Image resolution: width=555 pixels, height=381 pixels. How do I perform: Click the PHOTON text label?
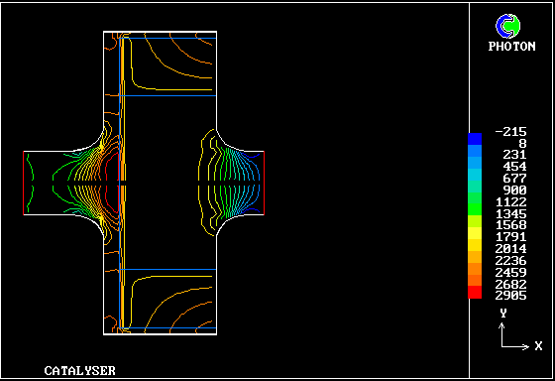(x=511, y=47)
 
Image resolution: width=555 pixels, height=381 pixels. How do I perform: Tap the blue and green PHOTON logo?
(x=507, y=26)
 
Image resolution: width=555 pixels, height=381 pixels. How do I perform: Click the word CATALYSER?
(x=79, y=371)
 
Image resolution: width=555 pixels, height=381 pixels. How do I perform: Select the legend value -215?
(x=510, y=132)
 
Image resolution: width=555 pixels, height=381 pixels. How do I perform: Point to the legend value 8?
(x=523, y=144)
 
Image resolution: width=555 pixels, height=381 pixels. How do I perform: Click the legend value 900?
(x=514, y=190)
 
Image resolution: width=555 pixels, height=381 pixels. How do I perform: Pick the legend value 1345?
(x=510, y=213)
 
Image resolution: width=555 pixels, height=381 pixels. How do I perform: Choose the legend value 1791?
(x=510, y=236)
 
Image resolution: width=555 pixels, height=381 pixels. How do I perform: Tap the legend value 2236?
(x=510, y=261)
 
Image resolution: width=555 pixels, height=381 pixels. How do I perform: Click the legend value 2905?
(x=510, y=296)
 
